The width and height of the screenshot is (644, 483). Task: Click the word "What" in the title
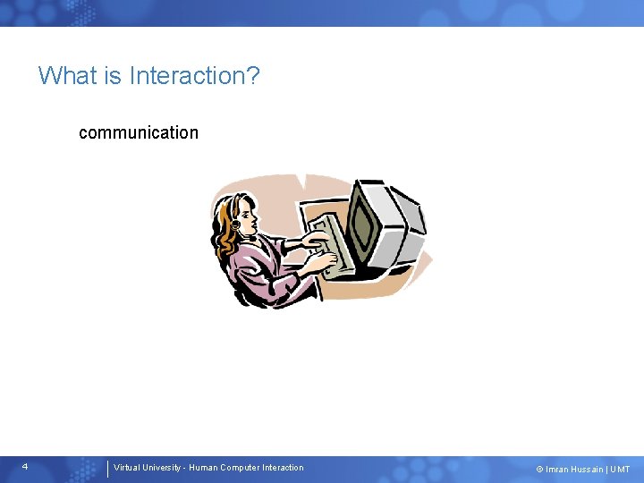tap(66, 75)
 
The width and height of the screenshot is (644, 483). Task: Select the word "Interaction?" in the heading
tap(194, 75)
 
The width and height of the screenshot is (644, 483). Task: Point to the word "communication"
tap(139, 132)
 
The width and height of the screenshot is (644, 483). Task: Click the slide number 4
tap(25, 467)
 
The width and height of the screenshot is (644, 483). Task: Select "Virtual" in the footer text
tap(128, 468)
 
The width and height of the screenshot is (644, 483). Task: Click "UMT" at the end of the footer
tap(620, 470)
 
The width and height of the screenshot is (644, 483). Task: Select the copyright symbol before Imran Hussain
tap(539, 470)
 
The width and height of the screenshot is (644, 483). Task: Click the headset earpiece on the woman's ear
tap(235, 225)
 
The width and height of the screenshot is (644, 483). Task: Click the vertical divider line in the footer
tap(107, 468)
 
